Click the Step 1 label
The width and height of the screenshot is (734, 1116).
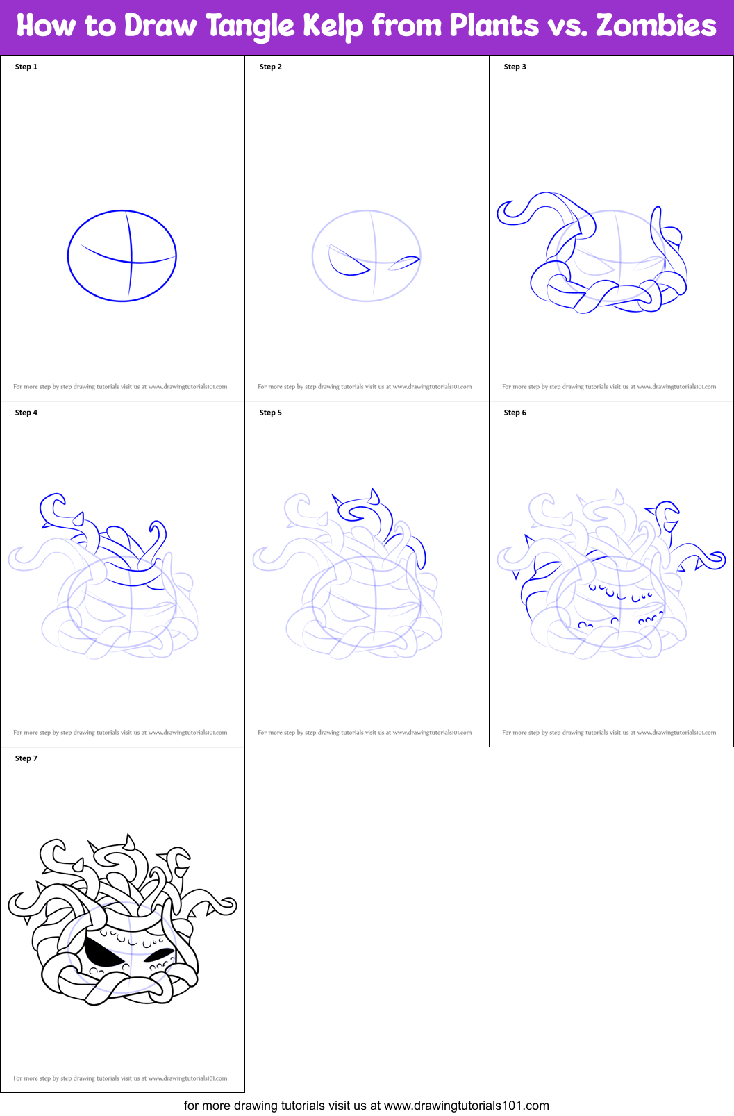coord(26,67)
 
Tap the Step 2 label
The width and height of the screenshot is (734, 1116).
coord(271,67)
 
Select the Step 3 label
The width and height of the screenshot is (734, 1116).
coord(515,67)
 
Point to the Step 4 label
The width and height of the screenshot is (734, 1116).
coord(26,413)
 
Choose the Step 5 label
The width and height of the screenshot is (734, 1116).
coord(271,413)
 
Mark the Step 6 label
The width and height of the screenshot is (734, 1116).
coord(515,413)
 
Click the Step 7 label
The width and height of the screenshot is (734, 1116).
coord(26,758)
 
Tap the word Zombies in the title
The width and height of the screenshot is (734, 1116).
coord(656,26)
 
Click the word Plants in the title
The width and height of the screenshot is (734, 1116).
coord(494,26)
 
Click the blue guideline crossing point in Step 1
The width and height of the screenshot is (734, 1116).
coord(131,262)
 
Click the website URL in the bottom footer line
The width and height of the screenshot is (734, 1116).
coord(466,1105)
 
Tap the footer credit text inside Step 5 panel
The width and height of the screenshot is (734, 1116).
coord(365,732)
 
